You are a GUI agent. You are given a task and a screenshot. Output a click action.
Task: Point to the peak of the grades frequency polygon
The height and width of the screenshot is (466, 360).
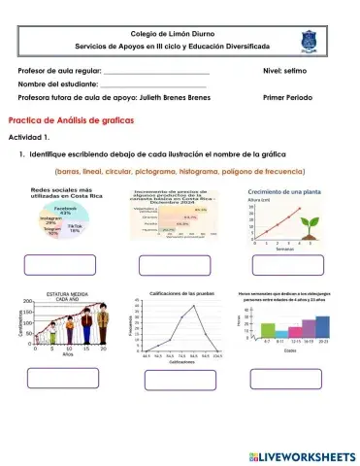pos(194,306)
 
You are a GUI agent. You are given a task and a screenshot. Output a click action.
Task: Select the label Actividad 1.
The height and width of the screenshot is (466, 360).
pos(28,138)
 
